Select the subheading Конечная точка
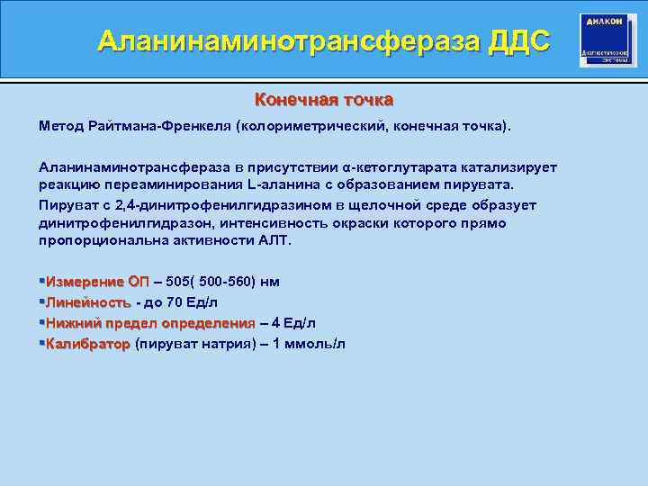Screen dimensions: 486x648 click(324, 99)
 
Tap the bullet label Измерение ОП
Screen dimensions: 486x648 click(98, 282)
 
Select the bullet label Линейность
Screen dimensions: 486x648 click(88, 302)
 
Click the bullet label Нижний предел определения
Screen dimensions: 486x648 click(150, 323)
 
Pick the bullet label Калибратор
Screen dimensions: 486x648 click(88, 344)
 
